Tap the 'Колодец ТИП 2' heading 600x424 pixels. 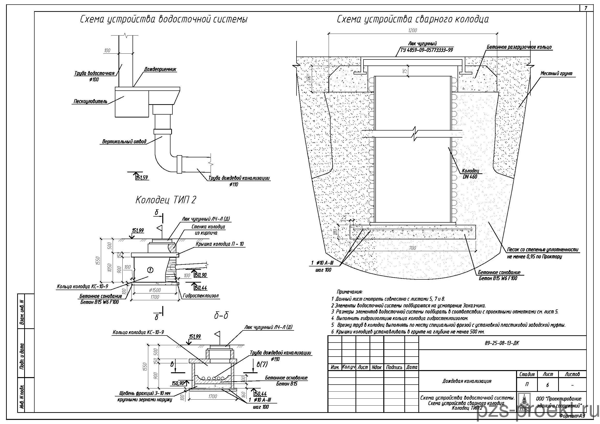coord(166,200)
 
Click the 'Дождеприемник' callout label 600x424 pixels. coord(160,69)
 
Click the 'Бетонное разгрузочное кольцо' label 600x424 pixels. coord(519,47)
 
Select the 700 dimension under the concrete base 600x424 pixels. coord(412,248)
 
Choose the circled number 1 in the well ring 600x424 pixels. coord(150,270)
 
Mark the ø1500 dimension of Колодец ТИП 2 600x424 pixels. coord(155,290)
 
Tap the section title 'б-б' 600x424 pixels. coord(221,316)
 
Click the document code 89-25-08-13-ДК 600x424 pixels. coord(502,343)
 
